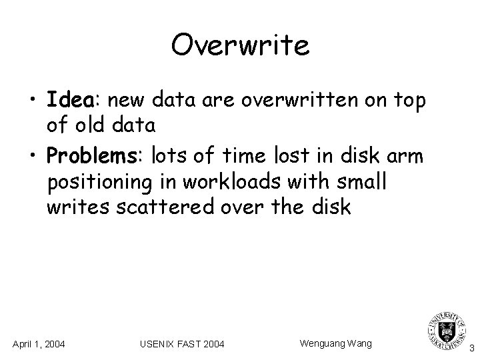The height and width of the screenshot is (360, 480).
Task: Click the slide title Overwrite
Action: (240, 46)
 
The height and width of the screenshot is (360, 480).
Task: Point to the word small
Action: (360, 181)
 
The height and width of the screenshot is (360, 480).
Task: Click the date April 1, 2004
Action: (39, 344)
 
